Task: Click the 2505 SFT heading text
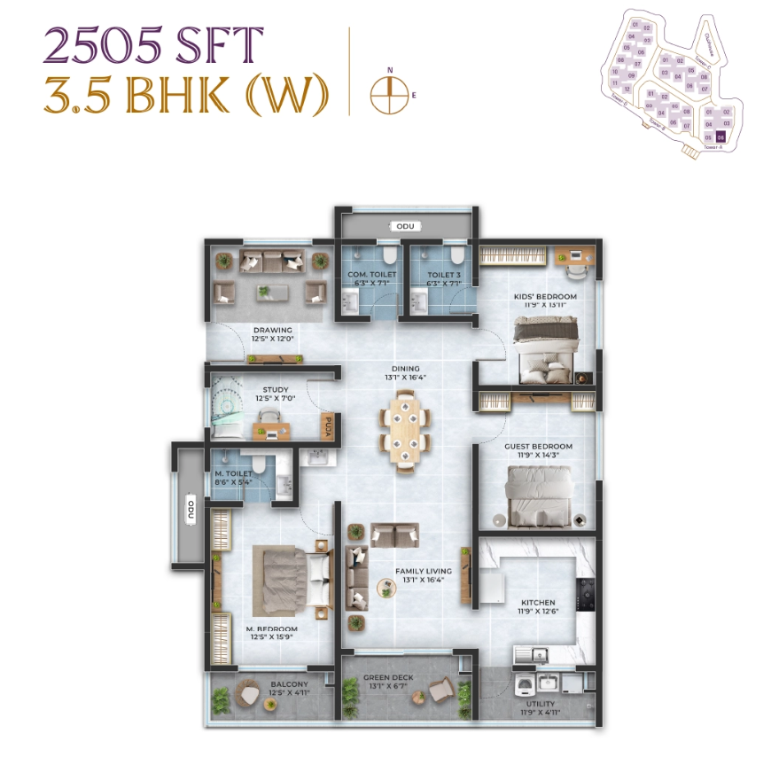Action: [x=153, y=45]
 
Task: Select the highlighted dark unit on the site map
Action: [x=721, y=137]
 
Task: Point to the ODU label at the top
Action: [x=405, y=227]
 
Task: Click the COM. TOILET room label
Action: [x=371, y=275]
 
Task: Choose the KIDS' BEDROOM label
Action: [x=545, y=297]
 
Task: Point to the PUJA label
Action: [x=327, y=426]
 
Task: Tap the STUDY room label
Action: [x=275, y=389]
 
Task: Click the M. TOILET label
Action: [x=232, y=473]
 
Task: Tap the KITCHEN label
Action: [x=538, y=600]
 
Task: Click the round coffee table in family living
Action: [x=386, y=587]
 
